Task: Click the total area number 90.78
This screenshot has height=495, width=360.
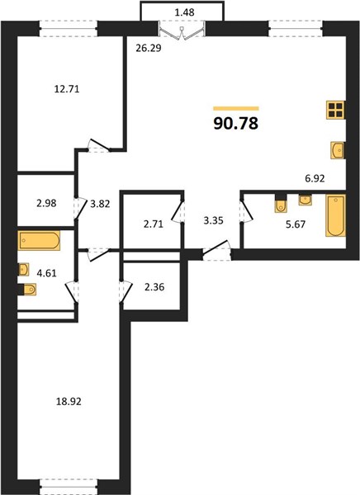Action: pyautogui.click(x=236, y=124)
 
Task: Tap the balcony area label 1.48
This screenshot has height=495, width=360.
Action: pyautogui.click(x=184, y=12)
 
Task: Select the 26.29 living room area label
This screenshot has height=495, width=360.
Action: pyautogui.click(x=149, y=49)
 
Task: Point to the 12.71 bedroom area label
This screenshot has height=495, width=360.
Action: pyautogui.click(x=67, y=89)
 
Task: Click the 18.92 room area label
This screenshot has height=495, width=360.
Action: pyautogui.click(x=69, y=402)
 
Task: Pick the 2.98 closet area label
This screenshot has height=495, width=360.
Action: pyautogui.click(x=46, y=203)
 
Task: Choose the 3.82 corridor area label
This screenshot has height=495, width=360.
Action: pyautogui.click(x=100, y=204)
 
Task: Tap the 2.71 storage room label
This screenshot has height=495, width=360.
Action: pyautogui.click(x=154, y=224)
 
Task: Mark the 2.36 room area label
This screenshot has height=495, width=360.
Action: pyautogui.click(x=154, y=288)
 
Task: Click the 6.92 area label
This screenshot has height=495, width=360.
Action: pyautogui.click(x=315, y=179)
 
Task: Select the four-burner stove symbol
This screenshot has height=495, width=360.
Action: pyautogui.click(x=335, y=111)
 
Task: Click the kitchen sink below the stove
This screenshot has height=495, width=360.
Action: pyautogui.click(x=337, y=150)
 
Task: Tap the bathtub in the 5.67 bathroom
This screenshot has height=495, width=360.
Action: pyautogui.click(x=335, y=215)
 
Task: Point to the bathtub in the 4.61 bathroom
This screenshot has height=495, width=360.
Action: pyautogui.click(x=39, y=241)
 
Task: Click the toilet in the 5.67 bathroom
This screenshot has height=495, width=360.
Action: pyautogui.click(x=281, y=203)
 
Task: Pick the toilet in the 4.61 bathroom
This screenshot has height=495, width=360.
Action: pyautogui.click(x=27, y=290)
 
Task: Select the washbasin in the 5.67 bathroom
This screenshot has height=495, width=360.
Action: pyautogui.click(x=306, y=200)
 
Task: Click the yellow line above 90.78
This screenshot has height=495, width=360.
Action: pyautogui.click(x=236, y=109)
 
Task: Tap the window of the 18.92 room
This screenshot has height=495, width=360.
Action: pyautogui.click(x=69, y=487)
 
